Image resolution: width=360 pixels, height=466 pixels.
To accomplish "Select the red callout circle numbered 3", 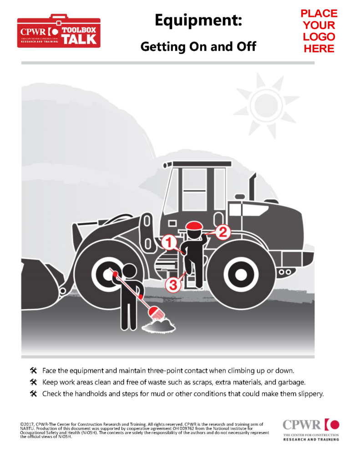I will click(173, 285).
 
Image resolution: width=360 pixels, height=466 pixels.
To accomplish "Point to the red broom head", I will click(156, 314).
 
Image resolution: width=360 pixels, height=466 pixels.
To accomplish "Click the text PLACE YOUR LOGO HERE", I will click(319, 31).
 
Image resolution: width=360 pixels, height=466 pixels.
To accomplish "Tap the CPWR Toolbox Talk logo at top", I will click(59, 31).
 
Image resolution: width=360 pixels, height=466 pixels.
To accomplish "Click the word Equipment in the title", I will click(198, 20).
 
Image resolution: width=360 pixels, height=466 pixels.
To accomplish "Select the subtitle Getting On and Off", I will click(198, 46).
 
